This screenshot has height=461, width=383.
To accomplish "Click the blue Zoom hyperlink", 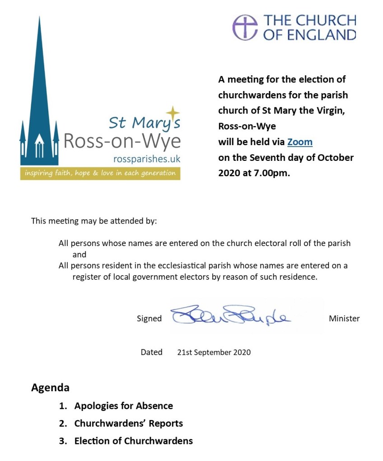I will (299, 142).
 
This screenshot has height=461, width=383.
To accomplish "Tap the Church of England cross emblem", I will (245, 27).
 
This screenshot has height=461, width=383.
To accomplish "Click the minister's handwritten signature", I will (230, 316).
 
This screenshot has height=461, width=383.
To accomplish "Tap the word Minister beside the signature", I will (344, 319).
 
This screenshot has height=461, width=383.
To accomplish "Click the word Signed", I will (149, 319).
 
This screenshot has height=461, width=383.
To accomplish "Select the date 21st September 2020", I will (214, 352).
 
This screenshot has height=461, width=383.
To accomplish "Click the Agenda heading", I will (50, 388).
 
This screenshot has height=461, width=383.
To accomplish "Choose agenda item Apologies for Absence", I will (123, 406).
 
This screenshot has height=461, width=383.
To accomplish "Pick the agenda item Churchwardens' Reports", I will (128, 423).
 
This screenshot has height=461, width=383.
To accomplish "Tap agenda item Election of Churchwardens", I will (133, 441).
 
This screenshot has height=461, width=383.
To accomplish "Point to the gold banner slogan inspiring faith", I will (100, 173).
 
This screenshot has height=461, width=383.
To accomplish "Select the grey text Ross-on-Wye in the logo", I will (122, 141).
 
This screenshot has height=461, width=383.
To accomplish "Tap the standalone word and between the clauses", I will (79, 255).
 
